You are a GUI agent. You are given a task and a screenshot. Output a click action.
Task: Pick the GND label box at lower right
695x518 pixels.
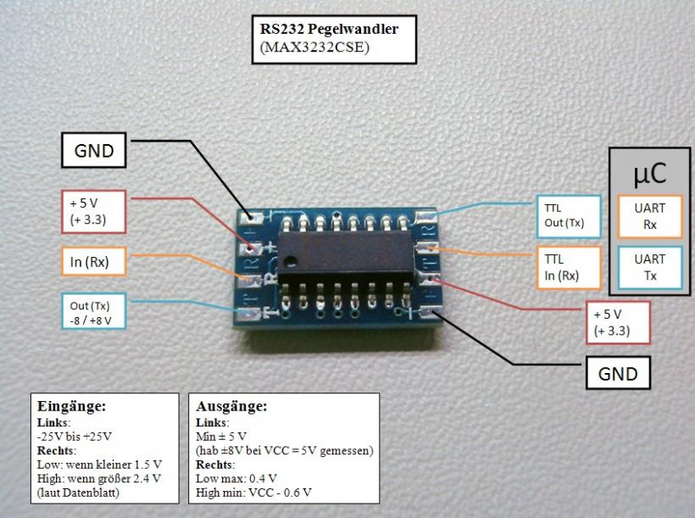click(x=619, y=372)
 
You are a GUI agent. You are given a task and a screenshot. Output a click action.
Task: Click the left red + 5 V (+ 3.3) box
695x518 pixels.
click(x=94, y=212)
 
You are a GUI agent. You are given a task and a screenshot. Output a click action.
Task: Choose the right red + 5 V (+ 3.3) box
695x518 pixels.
click(x=619, y=321)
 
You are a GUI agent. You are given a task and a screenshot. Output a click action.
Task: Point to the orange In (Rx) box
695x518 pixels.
click(x=94, y=260)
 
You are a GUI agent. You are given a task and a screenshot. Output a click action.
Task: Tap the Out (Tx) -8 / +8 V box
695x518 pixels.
click(x=94, y=312)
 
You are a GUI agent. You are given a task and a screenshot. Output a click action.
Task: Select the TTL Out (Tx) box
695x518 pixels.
click(x=567, y=216)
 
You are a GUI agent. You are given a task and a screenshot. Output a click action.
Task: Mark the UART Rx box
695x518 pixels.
click(x=649, y=217)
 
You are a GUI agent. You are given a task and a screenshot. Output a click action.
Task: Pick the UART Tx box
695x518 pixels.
click(x=649, y=267)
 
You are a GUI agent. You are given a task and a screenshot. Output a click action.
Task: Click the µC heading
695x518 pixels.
click(x=649, y=172)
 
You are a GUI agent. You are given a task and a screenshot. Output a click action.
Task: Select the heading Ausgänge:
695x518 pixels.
click(x=231, y=406)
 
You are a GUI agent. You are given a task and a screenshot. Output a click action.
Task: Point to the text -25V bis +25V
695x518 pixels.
click(x=75, y=436)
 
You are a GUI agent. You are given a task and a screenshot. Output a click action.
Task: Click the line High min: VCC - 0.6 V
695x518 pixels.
click(x=253, y=492)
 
